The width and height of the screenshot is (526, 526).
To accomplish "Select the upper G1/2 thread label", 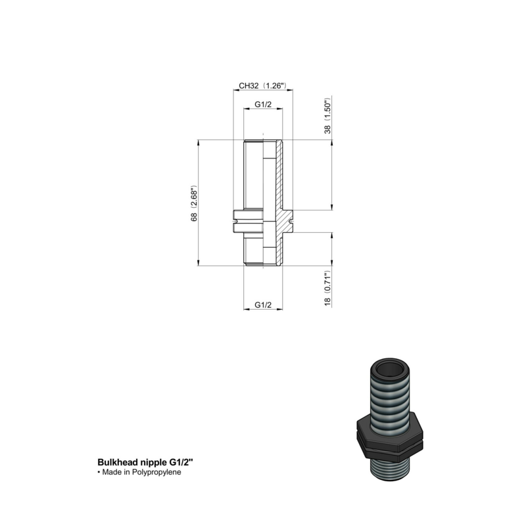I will point(263,105).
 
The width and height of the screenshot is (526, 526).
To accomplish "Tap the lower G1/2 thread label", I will point(263,304).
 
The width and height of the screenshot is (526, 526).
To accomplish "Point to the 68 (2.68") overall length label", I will point(195,203).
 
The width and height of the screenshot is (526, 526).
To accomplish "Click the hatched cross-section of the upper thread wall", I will point(279,174).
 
